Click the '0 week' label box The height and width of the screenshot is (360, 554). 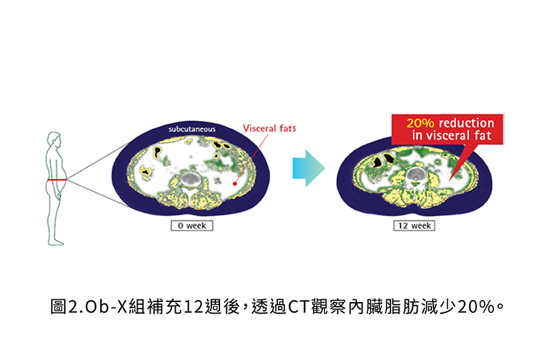(x=191, y=226)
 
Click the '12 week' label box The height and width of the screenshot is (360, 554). (x=414, y=226)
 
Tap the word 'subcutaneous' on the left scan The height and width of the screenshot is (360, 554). (x=192, y=130)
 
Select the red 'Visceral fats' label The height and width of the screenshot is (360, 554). (x=269, y=127)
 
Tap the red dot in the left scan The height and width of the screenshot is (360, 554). (x=234, y=183)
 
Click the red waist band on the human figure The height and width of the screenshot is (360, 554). (x=57, y=179)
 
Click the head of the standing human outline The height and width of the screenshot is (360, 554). (x=53, y=138)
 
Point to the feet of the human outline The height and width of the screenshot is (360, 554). (x=59, y=242)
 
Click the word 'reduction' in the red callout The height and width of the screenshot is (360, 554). (x=466, y=123)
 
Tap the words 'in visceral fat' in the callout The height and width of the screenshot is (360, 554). (x=452, y=136)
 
